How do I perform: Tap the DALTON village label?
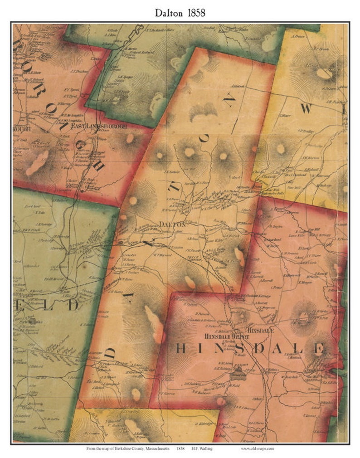[x=173, y=224]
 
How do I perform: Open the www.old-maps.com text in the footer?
[x=257, y=448]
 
